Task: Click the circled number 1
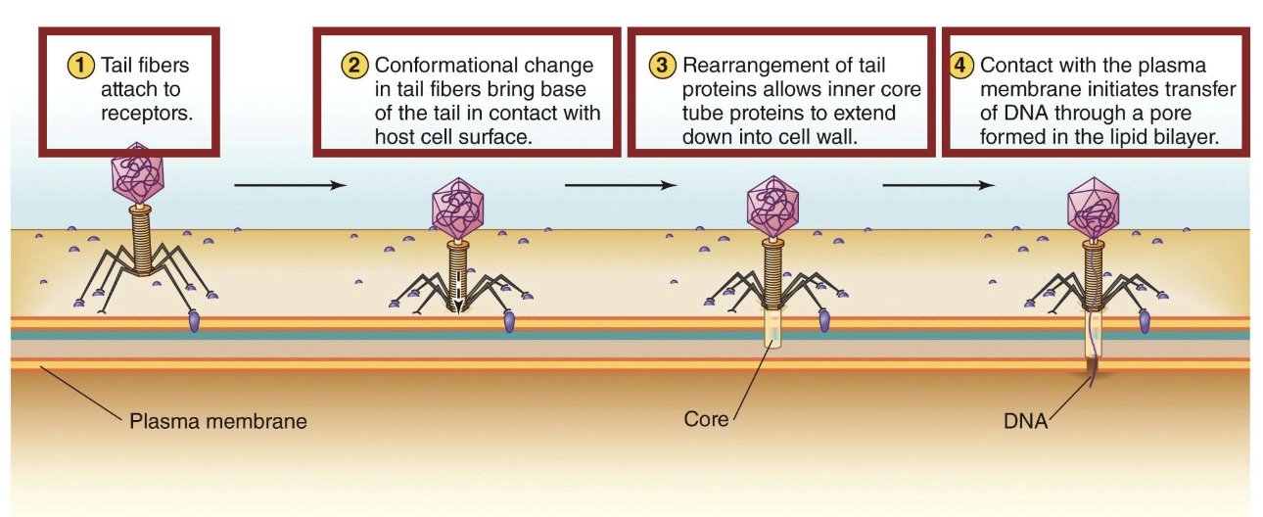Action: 81,66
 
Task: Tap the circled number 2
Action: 352,66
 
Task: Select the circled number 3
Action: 663,66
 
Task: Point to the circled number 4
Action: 962,66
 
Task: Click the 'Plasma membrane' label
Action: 218,422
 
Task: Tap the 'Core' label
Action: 706,419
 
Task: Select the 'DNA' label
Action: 1025,422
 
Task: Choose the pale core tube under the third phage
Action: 774,332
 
